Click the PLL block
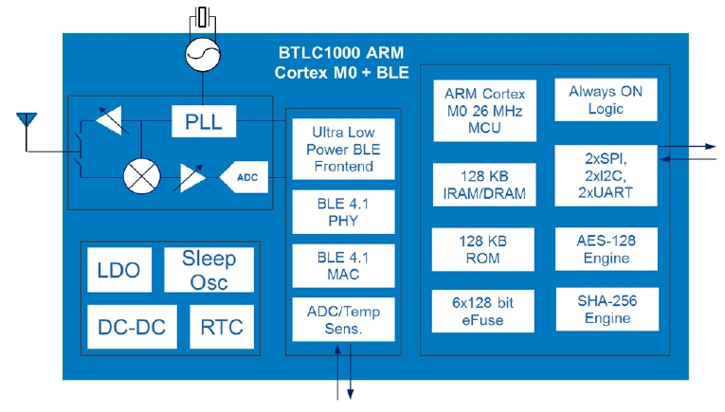click(x=204, y=120)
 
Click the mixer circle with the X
click(x=141, y=175)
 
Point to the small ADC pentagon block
click(x=243, y=176)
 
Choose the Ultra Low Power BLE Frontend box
click(x=343, y=148)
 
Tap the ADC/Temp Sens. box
click(x=343, y=319)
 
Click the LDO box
click(x=118, y=270)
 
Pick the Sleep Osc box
click(x=208, y=270)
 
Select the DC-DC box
click(x=132, y=328)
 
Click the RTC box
click(x=222, y=328)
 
